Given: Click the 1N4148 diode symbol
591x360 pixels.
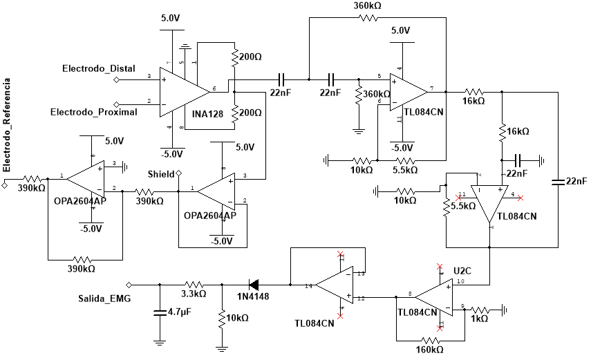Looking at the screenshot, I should [254, 284].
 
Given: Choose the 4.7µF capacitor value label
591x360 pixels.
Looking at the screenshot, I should [180, 312].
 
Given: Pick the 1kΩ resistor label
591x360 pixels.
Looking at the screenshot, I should [478, 319].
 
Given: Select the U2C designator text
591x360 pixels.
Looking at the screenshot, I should [462, 269].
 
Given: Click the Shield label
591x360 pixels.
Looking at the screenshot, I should [161, 173].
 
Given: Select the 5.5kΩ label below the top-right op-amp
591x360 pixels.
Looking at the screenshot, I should [404, 169].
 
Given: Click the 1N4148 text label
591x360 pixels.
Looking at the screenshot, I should [253, 296].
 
